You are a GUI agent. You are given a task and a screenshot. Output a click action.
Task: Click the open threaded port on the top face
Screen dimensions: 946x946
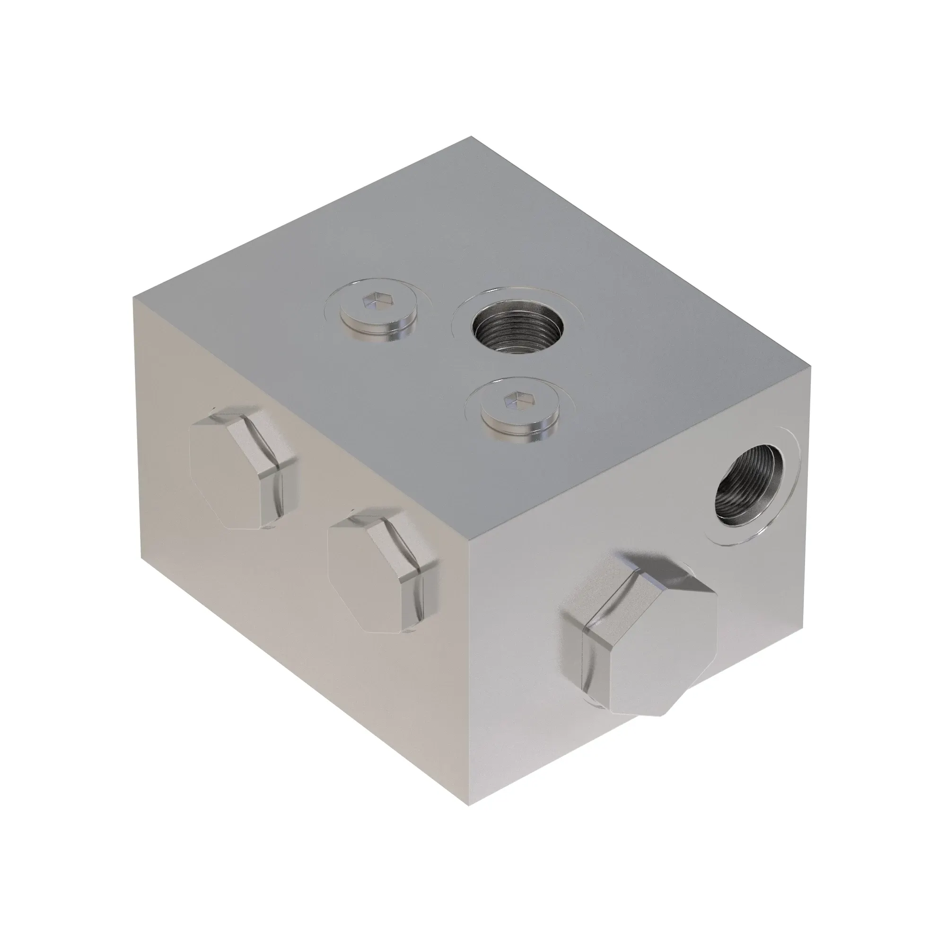point(516,327)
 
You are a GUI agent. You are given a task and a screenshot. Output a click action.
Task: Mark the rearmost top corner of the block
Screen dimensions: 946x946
point(471,137)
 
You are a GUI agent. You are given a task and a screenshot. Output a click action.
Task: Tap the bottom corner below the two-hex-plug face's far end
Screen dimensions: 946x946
point(142,558)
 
